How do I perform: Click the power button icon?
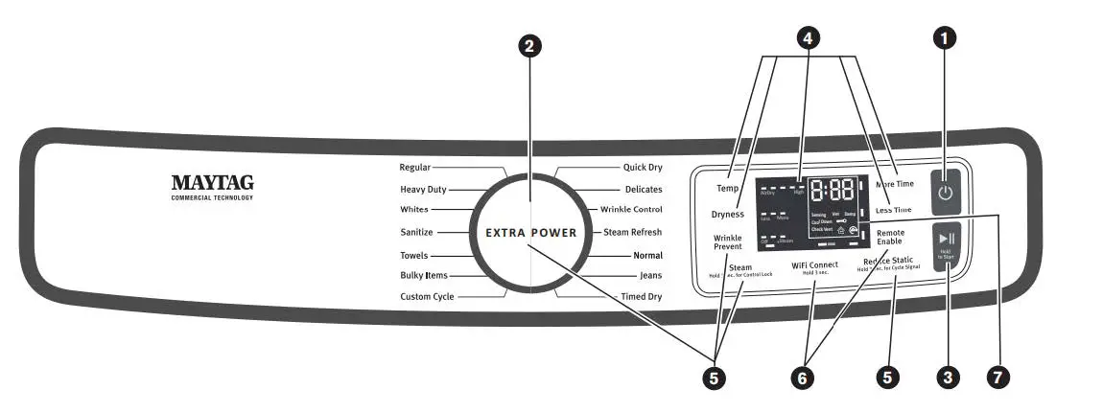pos(946,193)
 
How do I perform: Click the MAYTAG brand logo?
pos(212,182)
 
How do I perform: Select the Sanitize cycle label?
pos(416,232)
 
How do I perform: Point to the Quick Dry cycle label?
pos(642,167)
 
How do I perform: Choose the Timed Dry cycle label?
pos(641,297)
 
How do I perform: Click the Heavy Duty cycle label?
pos(423,190)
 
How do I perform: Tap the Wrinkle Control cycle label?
pos(631,210)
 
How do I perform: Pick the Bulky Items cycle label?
pos(423,276)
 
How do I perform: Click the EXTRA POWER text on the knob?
pos(530,233)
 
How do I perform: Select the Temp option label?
pos(727,189)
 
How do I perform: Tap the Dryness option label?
pos(728,215)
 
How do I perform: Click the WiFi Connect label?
pos(814,265)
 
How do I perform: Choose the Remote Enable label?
pos(890,237)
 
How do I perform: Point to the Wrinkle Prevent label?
pos(727,242)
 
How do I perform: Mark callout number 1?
pos(946,38)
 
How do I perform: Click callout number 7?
pos(997,377)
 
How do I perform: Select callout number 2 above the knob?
pos(529,45)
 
